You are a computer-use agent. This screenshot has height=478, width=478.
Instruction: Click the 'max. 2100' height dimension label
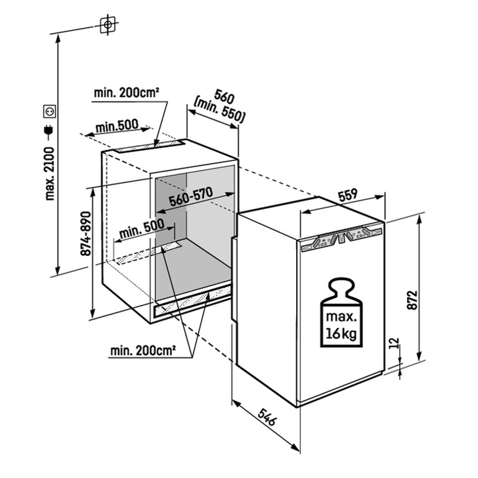click(49, 173)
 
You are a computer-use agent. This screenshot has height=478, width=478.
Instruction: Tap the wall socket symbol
click(49, 112)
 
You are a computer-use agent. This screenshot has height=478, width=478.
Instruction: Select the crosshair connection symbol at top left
click(108, 24)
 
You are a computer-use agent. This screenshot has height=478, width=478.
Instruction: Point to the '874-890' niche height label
click(86, 233)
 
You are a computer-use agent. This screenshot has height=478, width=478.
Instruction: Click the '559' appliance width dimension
click(348, 195)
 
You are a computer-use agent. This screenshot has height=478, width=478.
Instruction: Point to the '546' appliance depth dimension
click(267, 417)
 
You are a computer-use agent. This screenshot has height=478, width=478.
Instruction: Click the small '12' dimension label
click(394, 343)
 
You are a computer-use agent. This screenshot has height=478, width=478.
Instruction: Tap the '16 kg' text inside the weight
click(341, 334)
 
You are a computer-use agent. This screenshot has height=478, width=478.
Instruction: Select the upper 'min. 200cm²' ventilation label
click(127, 93)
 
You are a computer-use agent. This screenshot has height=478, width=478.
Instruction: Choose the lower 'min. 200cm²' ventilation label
click(143, 350)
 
